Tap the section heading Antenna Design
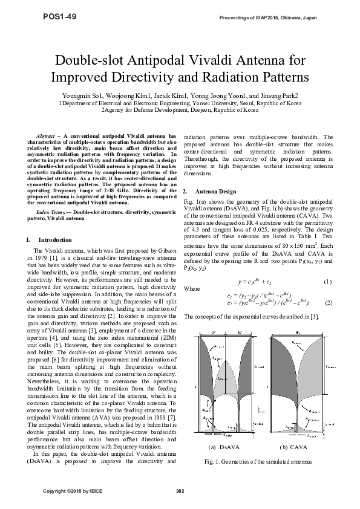coord(213,190)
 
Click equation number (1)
coord(328,282)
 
